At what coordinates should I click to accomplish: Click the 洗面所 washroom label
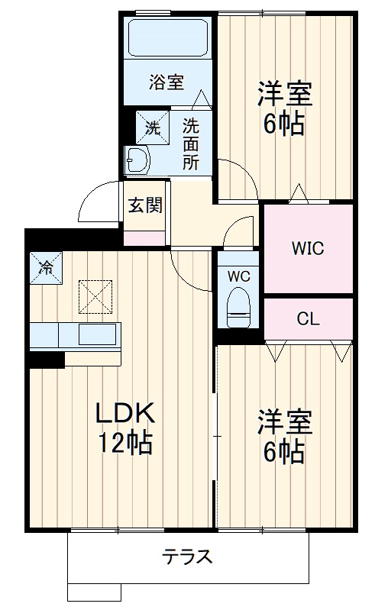(190, 144)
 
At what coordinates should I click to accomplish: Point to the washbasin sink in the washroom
(139, 160)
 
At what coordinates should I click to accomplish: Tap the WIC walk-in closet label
(307, 248)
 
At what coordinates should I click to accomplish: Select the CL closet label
(308, 319)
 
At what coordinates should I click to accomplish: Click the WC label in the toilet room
(239, 276)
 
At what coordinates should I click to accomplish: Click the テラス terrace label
(187, 556)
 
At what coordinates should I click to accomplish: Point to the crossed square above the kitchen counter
(95, 296)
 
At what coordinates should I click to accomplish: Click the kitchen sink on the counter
(98, 334)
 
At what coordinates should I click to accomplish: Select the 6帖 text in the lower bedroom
(284, 452)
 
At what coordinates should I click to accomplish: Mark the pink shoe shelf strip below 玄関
(145, 237)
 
